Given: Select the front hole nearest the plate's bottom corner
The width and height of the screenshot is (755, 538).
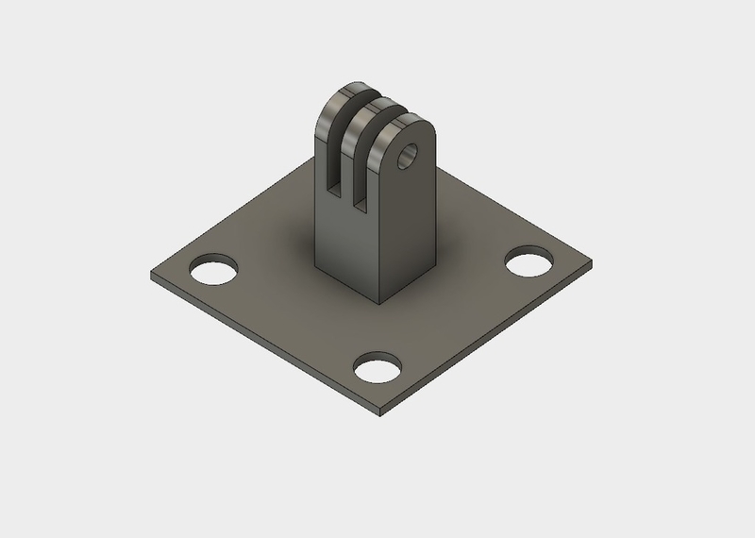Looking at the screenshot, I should point(377,366).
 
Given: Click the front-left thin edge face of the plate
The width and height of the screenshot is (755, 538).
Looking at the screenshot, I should point(264,349).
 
